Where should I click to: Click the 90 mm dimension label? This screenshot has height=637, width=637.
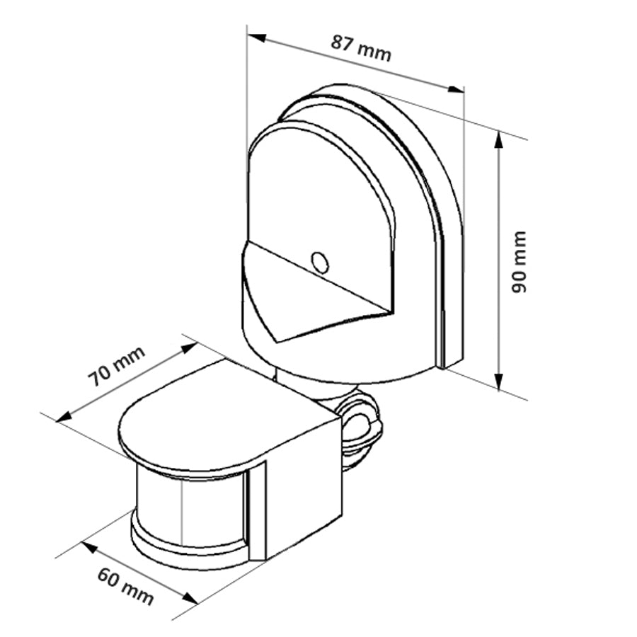pos(520,262)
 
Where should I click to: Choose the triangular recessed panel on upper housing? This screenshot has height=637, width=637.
pos(318,297)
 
